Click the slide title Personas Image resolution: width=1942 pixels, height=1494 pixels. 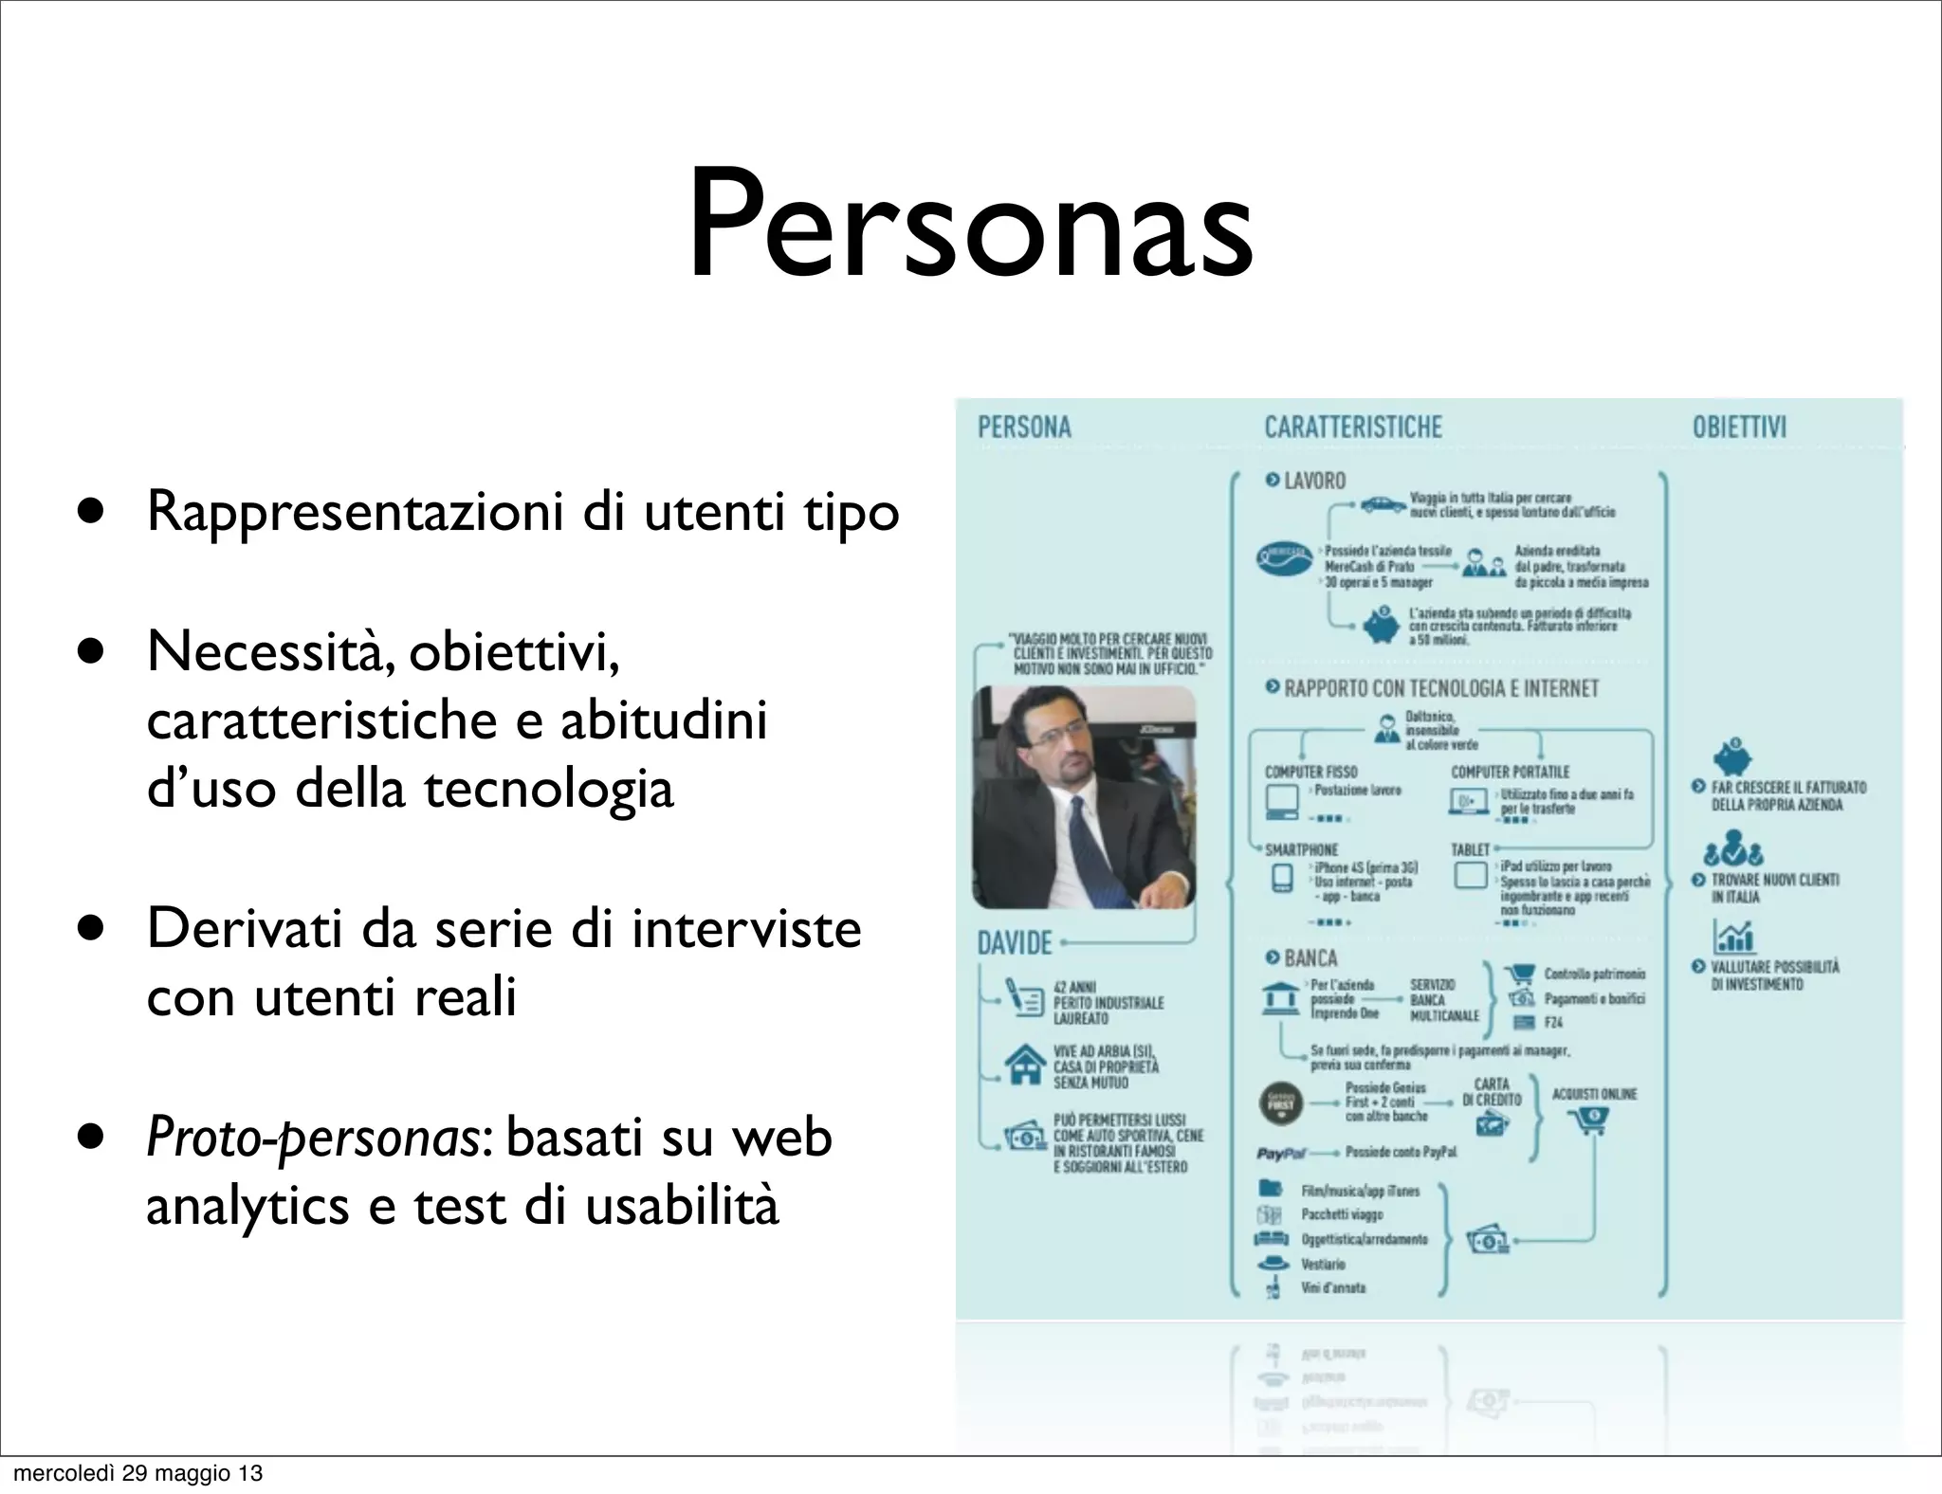(x=970, y=226)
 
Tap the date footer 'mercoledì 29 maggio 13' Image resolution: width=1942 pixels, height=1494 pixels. (x=137, y=1473)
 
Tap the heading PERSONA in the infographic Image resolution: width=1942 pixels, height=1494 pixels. (x=1024, y=428)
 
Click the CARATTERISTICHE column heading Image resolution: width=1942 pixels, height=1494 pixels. (x=1353, y=428)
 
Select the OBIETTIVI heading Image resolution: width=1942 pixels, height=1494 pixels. (x=1739, y=428)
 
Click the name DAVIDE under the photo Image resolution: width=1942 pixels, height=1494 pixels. (x=1015, y=943)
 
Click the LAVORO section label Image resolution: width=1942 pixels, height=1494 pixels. (x=1313, y=481)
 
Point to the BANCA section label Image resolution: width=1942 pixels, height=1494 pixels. (x=1310, y=958)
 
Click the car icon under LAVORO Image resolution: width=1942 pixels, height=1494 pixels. (x=1383, y=506)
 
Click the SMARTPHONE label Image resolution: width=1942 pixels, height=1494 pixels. (x=1301, y=850)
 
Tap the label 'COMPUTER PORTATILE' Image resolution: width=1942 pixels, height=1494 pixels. (x=1510, y=773)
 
